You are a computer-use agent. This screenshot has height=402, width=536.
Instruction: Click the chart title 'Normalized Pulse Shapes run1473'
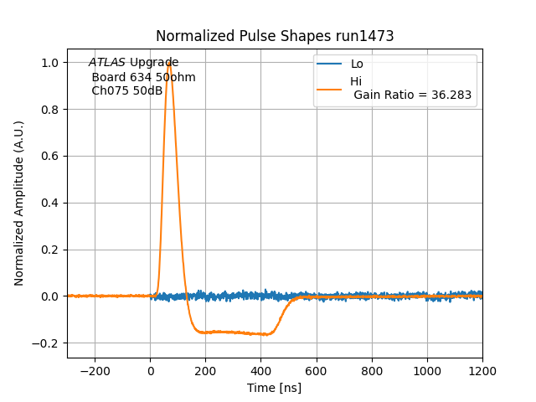pos(275,36)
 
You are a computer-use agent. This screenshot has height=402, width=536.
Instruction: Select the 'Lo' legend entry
pos(357,64)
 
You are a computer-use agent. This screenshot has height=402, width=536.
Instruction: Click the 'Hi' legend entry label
pos(356,81)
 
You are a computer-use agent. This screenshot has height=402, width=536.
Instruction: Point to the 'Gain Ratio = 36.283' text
pos(413,95)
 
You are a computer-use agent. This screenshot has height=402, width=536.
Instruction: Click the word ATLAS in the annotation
pos(107,63)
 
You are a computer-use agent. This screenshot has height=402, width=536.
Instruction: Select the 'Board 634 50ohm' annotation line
pos(143,77)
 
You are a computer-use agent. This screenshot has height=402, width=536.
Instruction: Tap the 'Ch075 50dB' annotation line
pos(127,90)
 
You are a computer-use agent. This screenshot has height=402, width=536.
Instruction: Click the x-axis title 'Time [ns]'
pos(274,388)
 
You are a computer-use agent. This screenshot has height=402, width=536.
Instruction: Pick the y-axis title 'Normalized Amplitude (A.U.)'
pos(19,203)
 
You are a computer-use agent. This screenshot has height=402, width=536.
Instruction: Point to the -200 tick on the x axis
pos(95,369)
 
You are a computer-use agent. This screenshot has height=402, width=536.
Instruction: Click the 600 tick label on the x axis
pos(317,369)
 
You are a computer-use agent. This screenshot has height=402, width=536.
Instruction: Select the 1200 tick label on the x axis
pos(482,369)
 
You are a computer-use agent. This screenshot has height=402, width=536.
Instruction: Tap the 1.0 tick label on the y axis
pos(51,63)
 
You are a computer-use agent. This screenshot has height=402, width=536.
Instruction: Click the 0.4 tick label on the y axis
pos(51,203)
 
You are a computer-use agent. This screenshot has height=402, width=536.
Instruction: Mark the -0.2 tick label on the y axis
pos(47,343)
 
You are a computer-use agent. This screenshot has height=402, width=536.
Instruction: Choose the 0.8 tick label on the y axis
pos(51,110)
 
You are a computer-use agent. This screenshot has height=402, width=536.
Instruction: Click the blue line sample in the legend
pos(330,64)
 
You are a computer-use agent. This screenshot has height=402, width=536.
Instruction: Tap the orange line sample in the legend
pos(330,88)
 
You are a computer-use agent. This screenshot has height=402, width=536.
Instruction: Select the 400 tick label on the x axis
pos(261,369)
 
